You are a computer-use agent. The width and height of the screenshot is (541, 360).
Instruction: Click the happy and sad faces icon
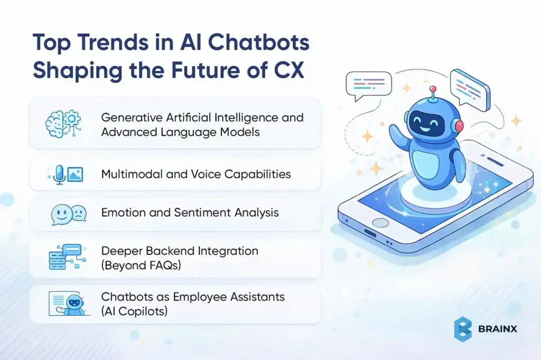point(68,214)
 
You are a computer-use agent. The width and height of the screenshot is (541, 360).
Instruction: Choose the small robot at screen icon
point(67,303)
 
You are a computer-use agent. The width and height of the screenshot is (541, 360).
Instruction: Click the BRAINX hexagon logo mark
point(463,328)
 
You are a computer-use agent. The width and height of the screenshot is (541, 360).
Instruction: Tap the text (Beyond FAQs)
point(141,265)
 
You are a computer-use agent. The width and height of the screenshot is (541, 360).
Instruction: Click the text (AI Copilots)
point(135,311)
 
